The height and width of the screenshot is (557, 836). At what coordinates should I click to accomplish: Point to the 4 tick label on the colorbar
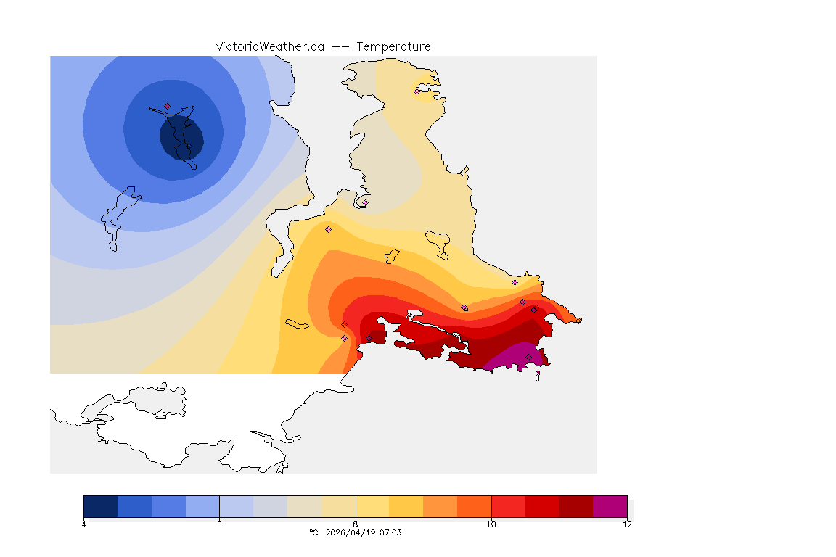pyautogui.click(x=84, y=524)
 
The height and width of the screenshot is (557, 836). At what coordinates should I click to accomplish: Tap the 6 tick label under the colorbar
pyautogui.click(x=219, y=524)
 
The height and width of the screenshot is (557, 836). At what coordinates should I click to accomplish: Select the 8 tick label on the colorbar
pyautogui.click(x=356, y=524)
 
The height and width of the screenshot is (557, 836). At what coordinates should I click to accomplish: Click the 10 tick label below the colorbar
pyautogui.click(x=491, y=524)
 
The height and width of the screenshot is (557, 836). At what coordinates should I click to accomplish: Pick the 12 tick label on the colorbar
pyautogui.click(x=627, y=524)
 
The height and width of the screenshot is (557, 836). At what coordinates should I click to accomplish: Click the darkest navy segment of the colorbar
pyautogui.click(x=101, y=506)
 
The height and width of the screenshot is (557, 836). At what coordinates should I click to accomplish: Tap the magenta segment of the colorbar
pyautogui.click(x=610, y=506)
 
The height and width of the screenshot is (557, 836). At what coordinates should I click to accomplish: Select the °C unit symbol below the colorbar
pyautogui.click(x=313, y=532)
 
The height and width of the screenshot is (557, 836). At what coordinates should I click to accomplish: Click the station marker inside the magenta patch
pyautogui.click(x=528, y=356)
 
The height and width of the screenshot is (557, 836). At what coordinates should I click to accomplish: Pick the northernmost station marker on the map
pyautogui.click(x=417, y=91)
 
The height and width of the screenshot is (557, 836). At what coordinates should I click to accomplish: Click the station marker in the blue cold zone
pyautogui.click(x=167, y=106)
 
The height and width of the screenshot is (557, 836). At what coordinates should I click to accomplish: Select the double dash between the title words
pyautogui.click(x=340, y=46)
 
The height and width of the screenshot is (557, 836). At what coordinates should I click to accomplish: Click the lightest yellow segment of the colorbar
pyautogui.click(x=372, y=506)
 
